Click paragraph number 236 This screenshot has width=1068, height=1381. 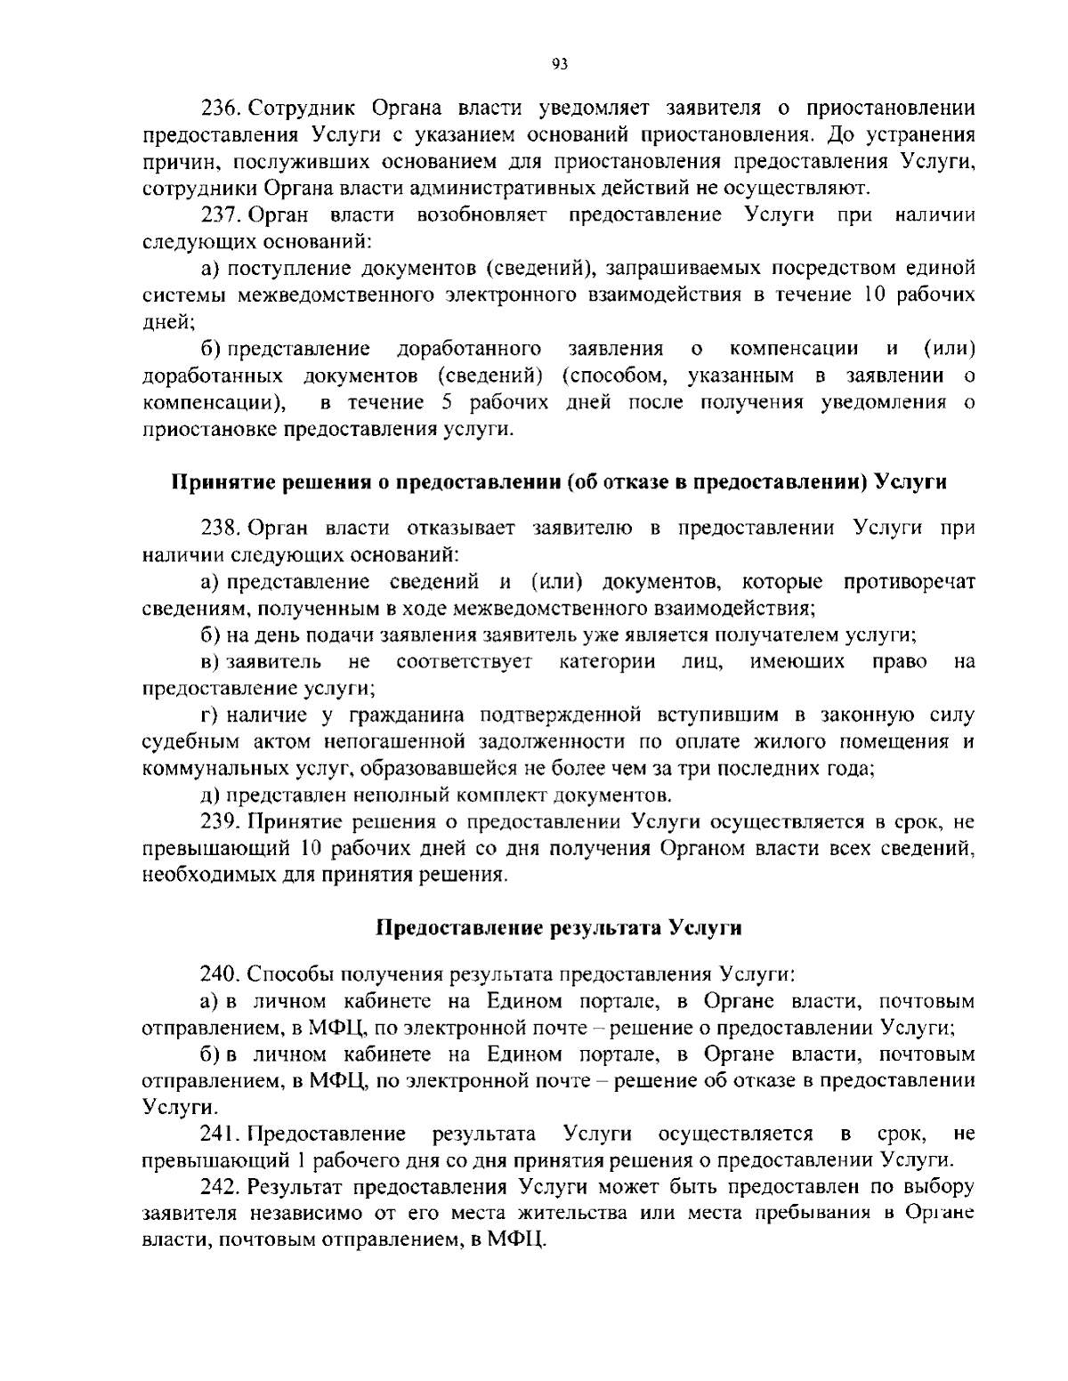tap(220, 109)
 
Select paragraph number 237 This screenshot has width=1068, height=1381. tap(220, 215)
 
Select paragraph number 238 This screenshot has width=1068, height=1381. tap(220, 528)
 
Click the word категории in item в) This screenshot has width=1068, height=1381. tap(608, 661)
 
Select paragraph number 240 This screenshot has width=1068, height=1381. tap(220, 973)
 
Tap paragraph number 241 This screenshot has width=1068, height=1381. tap(220, 1134)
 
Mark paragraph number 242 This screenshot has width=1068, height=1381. tap(220, 1187)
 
